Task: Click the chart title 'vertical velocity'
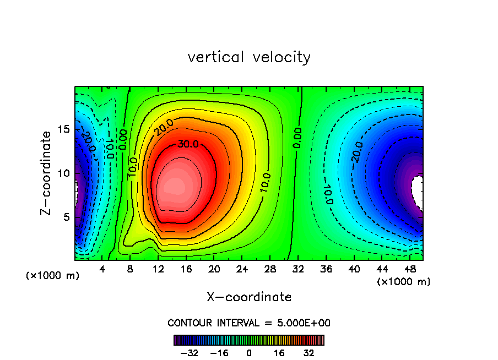(249, 57)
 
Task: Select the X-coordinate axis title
(249, 297)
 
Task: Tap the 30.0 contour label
(186, 144)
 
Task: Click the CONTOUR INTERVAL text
(249, 323)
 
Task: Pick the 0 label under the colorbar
(249, 353)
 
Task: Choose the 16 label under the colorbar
(279, 353)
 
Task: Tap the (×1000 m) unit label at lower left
(53, 276)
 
